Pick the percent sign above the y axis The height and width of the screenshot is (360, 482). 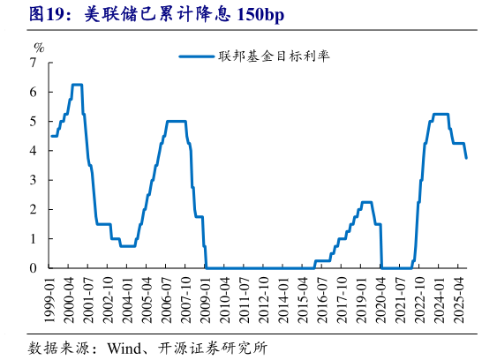click(38, 46)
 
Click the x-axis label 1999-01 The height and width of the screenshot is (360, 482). click(52, 299)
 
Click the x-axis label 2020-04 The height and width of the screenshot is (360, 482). click(381, 299)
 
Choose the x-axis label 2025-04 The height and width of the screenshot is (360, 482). click(457, 299)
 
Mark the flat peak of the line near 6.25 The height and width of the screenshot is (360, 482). click(77, 85)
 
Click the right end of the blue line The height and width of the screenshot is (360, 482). click(466, 157)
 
